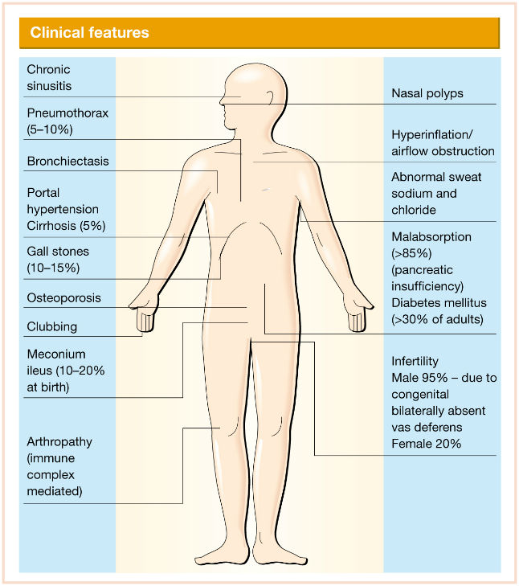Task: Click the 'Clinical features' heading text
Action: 90,32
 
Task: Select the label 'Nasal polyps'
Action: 427,93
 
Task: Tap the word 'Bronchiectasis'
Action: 68,161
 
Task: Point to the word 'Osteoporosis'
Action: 64,298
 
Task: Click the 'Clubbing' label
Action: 52,326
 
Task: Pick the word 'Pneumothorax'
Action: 67,113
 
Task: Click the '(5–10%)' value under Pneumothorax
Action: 50,129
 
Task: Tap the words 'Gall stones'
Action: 58,252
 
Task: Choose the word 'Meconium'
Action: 56,354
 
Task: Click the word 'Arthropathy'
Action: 59,442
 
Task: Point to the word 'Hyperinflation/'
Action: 432,134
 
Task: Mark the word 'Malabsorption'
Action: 431,237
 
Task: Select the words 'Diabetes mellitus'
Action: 439,303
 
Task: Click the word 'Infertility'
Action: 415,362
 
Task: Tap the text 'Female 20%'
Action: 426,444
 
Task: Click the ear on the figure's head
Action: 270,98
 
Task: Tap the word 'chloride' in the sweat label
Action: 414,210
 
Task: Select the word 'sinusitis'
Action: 49,86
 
